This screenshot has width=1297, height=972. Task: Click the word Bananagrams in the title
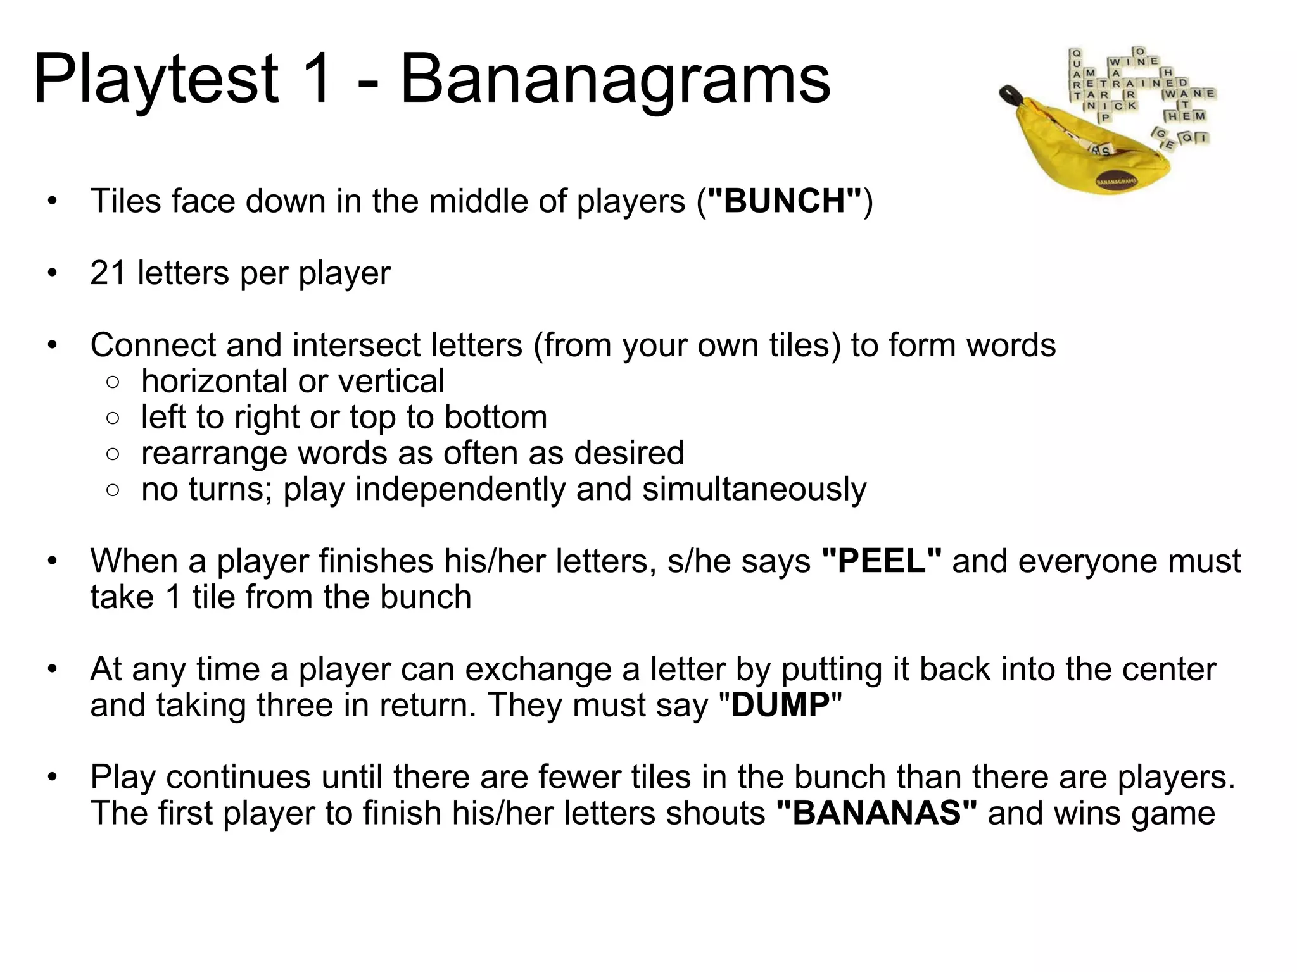[x=615, y=79]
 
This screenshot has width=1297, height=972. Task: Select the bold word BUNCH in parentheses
[x=785, y=201]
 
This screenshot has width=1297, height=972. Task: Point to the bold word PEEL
[x=881, y=561]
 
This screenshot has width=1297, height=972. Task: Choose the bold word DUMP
[x=780, y=705]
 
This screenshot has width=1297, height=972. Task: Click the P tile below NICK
[x=1105, y=117]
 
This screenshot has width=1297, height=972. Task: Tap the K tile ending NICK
[x=1131, y=106]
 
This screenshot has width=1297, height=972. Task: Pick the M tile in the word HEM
[x=1199, y=116]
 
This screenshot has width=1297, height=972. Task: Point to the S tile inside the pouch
[x=1105, y=151]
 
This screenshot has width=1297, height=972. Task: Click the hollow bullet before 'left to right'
[x=113, y=418]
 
